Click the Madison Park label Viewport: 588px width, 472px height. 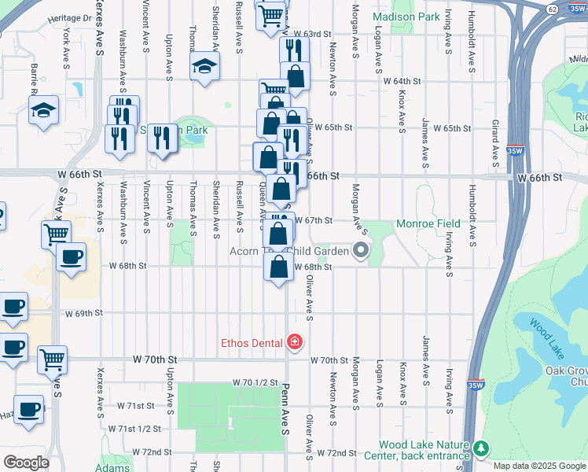(406, 16)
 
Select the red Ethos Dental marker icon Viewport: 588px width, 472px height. (294, 342)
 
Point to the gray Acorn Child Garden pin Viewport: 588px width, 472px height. (361, 251)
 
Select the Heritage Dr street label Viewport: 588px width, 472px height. (70, 17)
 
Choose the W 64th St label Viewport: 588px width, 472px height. (402, 81)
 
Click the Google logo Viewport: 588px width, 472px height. (26, 463)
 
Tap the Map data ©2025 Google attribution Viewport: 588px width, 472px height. (539, 466)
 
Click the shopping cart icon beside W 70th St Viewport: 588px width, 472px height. (53, 360)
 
